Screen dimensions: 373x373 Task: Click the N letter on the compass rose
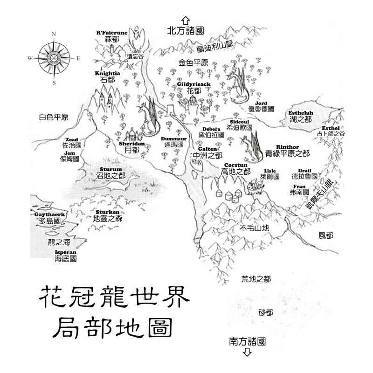(x=54, y=34)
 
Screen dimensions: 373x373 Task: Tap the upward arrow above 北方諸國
(x=186, y=21)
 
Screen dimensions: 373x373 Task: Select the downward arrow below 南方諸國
(x=248, y=352)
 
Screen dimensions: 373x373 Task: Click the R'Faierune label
(x=112, y=33)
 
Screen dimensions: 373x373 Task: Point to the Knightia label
(x=107, y=73)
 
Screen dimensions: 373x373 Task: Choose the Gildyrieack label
(x=194, y=84)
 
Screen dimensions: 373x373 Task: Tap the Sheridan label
(x=132, y=144)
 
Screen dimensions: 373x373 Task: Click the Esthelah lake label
(x=301, y=113)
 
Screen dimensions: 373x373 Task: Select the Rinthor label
(x=288, y=147)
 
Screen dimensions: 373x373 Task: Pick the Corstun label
(x=236, y=165)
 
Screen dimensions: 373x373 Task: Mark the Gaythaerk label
(x=49, y=214)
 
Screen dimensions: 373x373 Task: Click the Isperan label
(x=66, y=253)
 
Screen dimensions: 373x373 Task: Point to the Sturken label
(x=108, y=212)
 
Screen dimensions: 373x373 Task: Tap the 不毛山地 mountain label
(x=254, y=228)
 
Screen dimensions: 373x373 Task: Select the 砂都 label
(x=266, y=312)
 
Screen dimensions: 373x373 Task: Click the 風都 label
(x=325, y=235)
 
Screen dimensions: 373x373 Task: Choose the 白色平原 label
(x=54, y=117)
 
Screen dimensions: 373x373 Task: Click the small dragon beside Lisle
(x=255, y=186)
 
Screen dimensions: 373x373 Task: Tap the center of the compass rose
(x=54, y=58)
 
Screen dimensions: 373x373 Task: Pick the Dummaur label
(x=173, y=138)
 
